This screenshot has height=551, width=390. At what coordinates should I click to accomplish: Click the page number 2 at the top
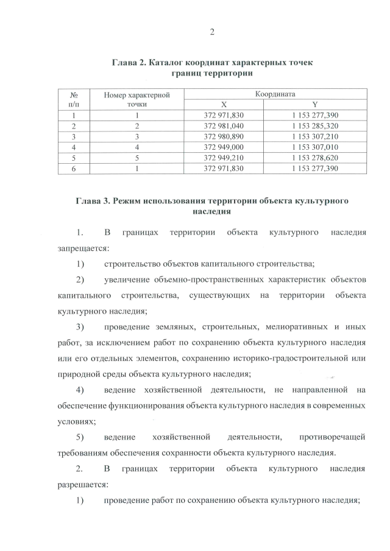point(212,32)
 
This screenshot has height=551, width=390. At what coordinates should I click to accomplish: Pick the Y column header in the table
point(315,104)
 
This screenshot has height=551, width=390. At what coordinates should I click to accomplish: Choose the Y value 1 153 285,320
point(315,125)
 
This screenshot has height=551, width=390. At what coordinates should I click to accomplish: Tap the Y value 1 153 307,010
point(315,147)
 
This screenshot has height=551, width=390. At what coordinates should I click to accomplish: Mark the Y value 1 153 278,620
point(315,158)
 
